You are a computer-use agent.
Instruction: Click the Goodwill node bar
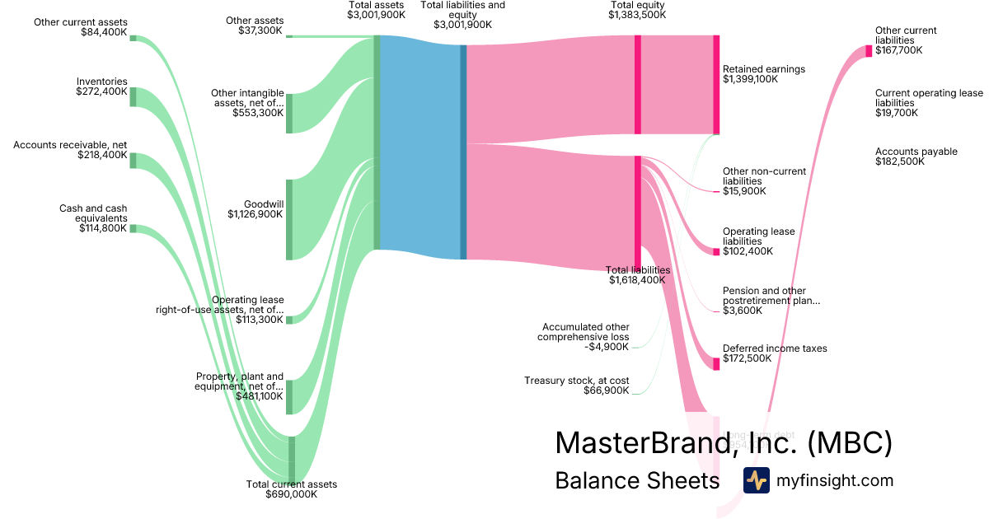(289, 219)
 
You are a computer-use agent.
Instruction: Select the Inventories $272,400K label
(101, 86)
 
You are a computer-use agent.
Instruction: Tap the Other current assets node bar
(133, 38)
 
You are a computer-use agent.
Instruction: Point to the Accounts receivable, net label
(70, 150)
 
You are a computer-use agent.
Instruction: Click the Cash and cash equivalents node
(133, 228)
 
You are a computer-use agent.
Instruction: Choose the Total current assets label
(292, 489)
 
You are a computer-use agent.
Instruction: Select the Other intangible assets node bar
(289, 113)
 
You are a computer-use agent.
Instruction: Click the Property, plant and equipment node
(289, 397)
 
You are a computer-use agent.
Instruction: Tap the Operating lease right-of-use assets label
(220, 310)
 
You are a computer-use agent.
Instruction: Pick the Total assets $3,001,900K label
(377, 10)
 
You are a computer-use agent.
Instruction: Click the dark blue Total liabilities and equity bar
(463, 152)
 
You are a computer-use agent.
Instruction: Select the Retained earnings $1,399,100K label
(763, 74)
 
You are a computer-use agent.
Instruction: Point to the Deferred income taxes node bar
(716, 363)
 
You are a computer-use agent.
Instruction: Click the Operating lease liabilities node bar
(716, 251)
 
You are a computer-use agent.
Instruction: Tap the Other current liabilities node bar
(869, 51)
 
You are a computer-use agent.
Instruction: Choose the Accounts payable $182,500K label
(916, 157)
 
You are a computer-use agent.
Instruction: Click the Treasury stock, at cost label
(576, 385)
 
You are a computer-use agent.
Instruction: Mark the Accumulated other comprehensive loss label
(583, 337)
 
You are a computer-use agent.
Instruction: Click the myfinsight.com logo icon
(756, 480)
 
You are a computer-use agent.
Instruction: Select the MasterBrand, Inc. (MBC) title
(723, 442)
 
